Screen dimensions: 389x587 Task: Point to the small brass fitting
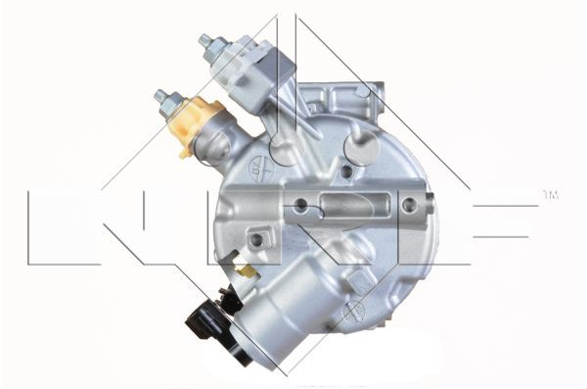tap(247, 270)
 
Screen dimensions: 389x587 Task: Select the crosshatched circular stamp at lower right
tap(354, 312)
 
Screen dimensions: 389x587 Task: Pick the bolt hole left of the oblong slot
tap(302, 206)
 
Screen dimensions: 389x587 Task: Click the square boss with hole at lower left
tap(256, 238)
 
